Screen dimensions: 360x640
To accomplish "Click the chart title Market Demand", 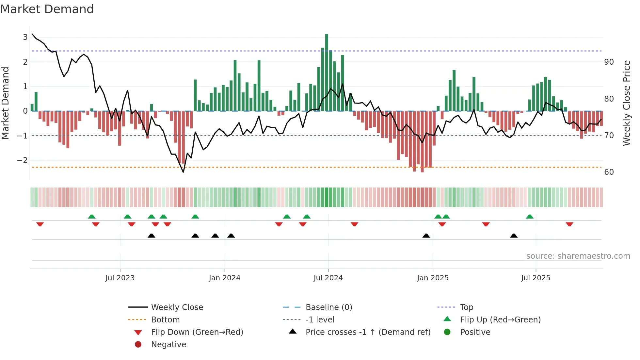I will click(x=47, y=9).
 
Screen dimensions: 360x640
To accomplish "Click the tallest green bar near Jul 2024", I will click(x=327, y=72).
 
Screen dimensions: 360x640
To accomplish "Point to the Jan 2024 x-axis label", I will click(x=224, y=278).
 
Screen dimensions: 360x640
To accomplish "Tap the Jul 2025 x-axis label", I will click(x=536, y=278).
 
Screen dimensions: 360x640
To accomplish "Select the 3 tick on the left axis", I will click(x=25, y=37).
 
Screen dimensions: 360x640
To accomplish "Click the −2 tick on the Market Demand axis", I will click(x=22, y=160).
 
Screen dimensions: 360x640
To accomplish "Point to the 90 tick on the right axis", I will click(x=609, y=62).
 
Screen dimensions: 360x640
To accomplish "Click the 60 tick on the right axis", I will click(x=609, y=172).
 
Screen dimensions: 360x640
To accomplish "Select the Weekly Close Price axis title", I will click(x=626, y=103).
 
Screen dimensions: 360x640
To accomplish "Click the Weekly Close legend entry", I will click(x=177, y=307).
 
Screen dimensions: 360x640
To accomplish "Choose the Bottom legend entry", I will click(x=165, y=320).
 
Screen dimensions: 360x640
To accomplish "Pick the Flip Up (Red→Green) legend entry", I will click(x=500, y=320).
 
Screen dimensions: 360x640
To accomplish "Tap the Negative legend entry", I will click(x=168, y=345).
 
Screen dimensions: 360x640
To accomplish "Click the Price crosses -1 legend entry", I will click(x=368, y=332).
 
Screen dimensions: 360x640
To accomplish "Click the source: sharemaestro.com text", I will click(x=578, y=256).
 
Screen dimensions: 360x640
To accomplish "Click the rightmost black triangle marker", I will click(x=514, y=236).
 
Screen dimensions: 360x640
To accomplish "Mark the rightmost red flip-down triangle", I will click(x=569, y=224).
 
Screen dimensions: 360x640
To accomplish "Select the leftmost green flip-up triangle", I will click(x=92, y=217).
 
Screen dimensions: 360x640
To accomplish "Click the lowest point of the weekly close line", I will click(x=183, y=172).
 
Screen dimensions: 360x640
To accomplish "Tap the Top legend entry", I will click(x=466, y=307).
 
